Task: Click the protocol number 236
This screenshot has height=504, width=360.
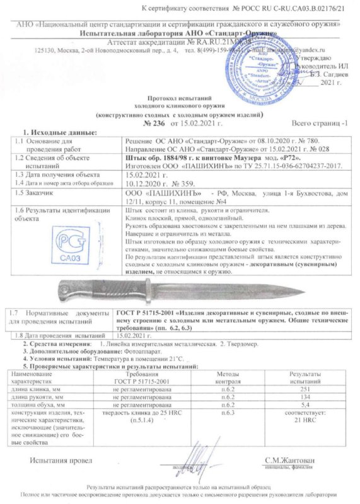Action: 102,127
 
